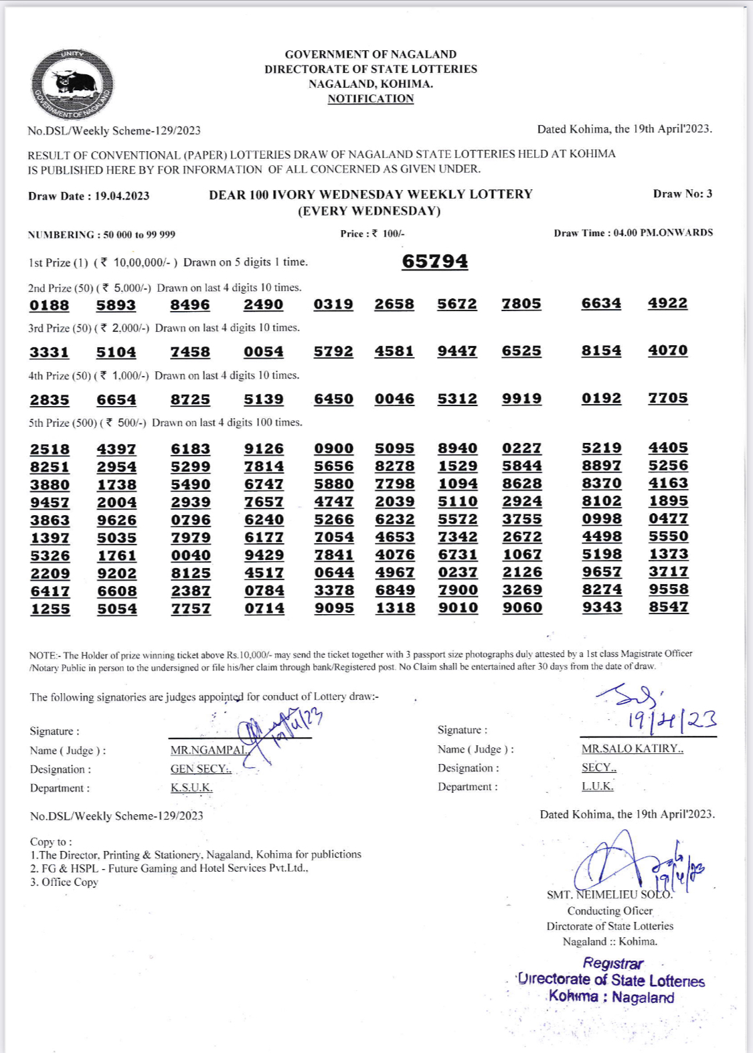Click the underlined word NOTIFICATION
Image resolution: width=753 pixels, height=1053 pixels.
pyautogui.click(x=370, y=99)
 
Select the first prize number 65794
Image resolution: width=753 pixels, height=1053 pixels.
pyautogui.click(x=434, y=261)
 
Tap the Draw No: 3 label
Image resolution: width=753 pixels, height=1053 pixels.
pyautogui.click(x=682, y=194)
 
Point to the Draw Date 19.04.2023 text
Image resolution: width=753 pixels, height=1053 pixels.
pyautogui.click(x=88, y=196)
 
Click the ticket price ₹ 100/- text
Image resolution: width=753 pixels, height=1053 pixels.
pyautogui.click(x=372, y=233)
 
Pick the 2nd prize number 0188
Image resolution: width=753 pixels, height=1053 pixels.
pyautogui.click(x=50, y=306)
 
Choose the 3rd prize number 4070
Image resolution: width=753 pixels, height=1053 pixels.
pyautogui.click(x=667, y=351)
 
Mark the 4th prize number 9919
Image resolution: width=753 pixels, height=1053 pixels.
pyautogui.click(x=521, y=399)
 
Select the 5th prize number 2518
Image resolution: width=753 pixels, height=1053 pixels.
pyautogui.click(x=50, y=450)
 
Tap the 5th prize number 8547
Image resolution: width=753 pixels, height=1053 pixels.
pyautogui.click(x=668, y=607)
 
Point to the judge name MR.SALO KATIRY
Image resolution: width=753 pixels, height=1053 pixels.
pyautogui.click(x=632, y=749)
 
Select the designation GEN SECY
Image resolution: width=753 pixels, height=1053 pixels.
pyautogui.click(x=200, y=769)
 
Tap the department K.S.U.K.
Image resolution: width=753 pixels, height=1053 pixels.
pyautogui.click(x=191, y=787)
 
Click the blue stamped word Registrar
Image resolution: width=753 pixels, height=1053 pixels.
pyautogui.click(x=612, y=963)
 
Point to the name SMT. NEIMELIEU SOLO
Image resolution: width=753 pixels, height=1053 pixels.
pyautogui.click(x=609, y=894)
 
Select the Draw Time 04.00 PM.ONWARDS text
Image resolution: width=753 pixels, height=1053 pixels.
pyautogui.click(x=633, y=233)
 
